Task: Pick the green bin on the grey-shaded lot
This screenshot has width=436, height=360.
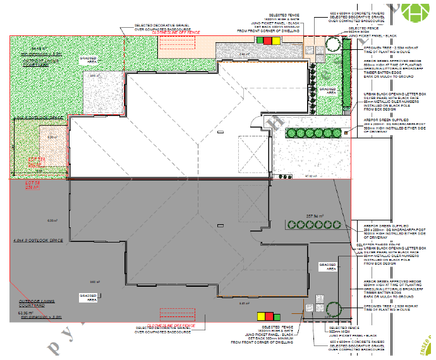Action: [x=277, y=315]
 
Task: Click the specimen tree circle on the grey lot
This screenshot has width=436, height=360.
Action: [x=334, y=309]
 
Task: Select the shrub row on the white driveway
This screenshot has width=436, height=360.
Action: [x=311, y=133]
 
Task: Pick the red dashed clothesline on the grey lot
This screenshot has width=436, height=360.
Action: [x=176, y=314]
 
